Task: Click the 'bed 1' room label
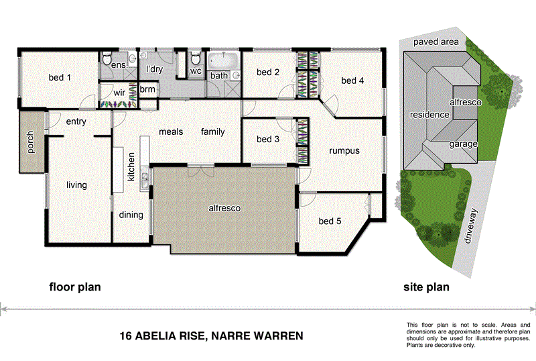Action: (x=60, y=78)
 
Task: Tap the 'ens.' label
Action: (x=118, y=66)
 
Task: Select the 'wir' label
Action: (x=120, y=93)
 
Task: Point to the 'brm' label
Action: (x=147, y=89)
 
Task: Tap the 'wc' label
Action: (x=196, y=70)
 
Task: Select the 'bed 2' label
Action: (x=267, y=72)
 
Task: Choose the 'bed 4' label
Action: (x=352, y=81)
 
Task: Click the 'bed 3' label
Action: (x=268, y=140)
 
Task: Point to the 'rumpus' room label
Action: (x=344, y=151)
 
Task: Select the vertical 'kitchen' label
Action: (x=132, y=167)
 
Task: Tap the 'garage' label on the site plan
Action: (x=463, y=144)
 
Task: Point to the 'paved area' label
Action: (x=435, y=42)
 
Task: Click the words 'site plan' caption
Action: (x=426, y=287)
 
